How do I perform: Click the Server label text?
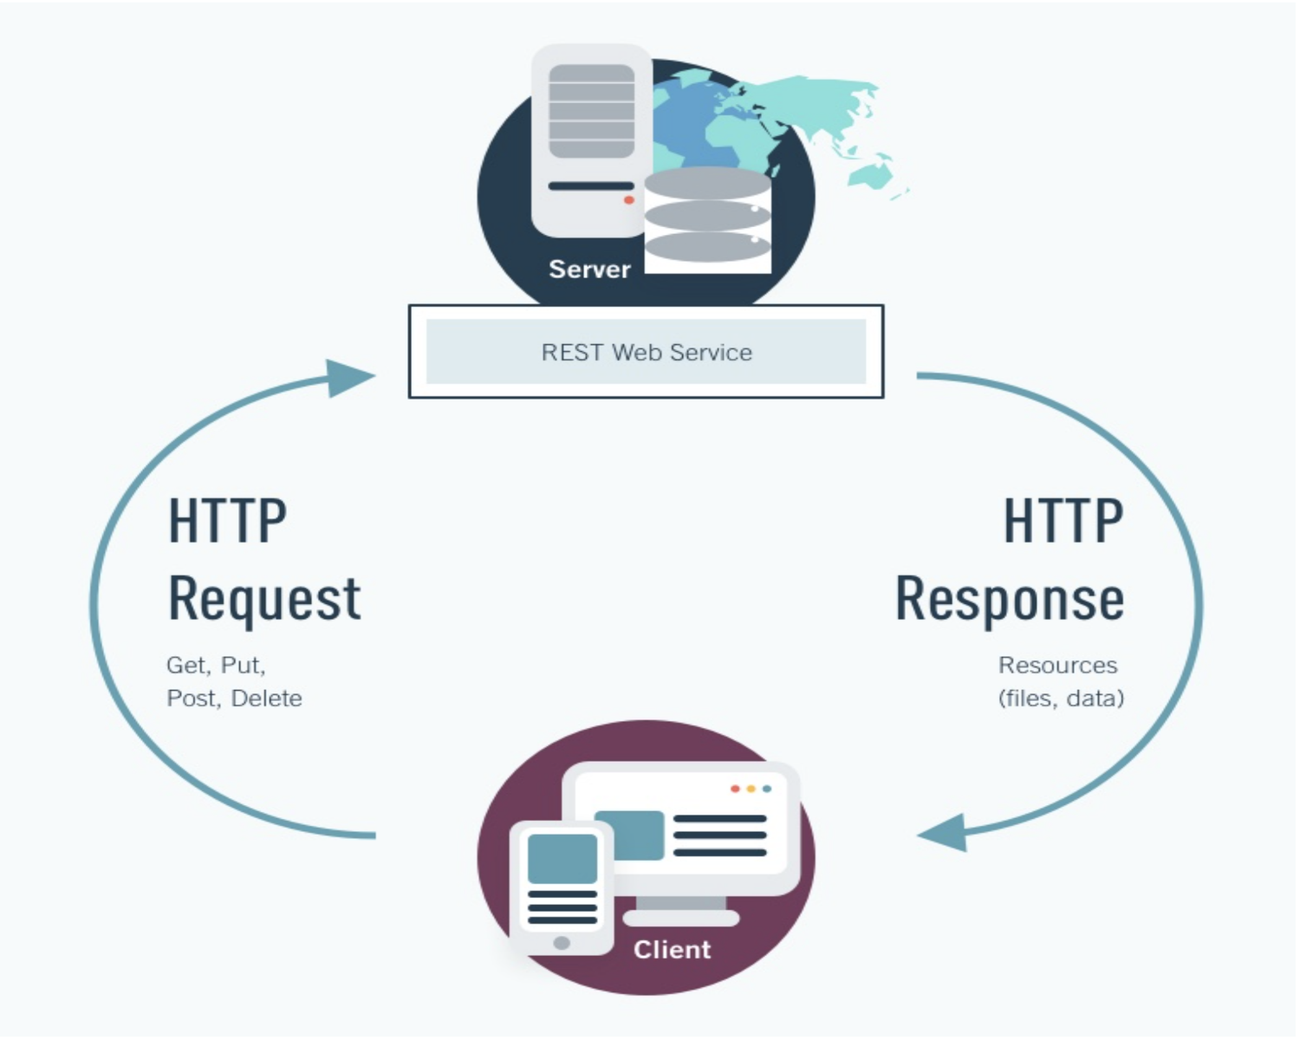point(589,269)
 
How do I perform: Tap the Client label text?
point(672,949)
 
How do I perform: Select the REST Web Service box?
point(646,352)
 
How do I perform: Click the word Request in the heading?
point(264,600)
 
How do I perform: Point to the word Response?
point(1010,600)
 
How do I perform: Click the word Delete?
point(267,699)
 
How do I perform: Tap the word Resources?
point(1057,666)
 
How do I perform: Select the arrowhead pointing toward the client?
point(945,834)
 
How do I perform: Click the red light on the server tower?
point(629,200)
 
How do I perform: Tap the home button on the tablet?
point(562,942)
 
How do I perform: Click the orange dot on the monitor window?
point(751,789)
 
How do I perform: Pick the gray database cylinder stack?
point(707,217)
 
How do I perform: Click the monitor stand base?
point(681,918)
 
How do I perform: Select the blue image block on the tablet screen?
point(562,858)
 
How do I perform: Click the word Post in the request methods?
point(191,699)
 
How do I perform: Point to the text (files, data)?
point(1061,699)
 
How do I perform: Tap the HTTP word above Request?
point(227,522)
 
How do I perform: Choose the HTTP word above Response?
point(1063,522)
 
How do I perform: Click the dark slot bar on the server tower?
point(591,185)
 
